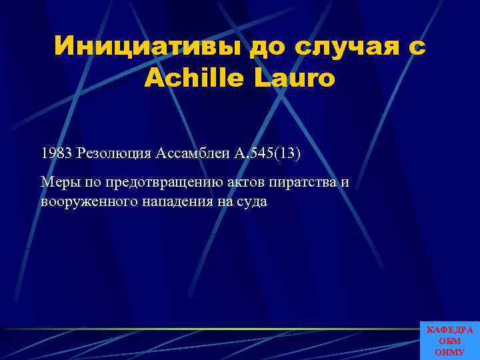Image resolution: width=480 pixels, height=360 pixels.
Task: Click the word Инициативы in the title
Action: [x=147, y=47]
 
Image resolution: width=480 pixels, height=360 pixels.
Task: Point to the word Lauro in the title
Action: [x=291, y=79]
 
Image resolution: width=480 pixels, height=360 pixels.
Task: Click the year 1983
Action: [x=57, y=154]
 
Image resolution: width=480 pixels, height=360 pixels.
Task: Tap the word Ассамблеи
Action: [x=193, y=154]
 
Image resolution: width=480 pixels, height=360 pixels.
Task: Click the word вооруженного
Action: [x=89, y=202]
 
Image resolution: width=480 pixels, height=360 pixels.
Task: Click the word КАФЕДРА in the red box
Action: [x=450, y=330]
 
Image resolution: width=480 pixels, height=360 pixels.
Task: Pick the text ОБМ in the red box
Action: [x=450, y=341]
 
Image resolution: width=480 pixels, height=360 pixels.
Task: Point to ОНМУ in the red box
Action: [x=450, y=351]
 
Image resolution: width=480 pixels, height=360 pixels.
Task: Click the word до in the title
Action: [x=267, y=47]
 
